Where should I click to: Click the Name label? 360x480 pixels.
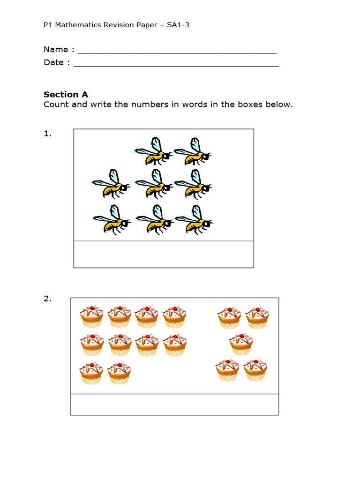point(55,50)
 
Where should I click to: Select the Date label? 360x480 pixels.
point(53,63)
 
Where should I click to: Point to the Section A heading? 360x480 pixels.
point(66,94)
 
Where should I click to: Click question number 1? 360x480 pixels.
point(47,134)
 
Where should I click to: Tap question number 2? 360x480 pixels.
point(47,299)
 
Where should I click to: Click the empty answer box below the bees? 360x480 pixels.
point(164,254)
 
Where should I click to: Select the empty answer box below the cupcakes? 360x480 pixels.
point(174,404)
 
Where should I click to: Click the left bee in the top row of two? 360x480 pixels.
point(153,152)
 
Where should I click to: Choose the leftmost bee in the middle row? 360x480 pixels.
point(111,184)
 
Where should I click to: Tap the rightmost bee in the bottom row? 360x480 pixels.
point(193,219)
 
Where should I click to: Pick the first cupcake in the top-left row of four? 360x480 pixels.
point(91,316)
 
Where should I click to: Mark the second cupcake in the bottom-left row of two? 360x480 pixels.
point(119,374)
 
